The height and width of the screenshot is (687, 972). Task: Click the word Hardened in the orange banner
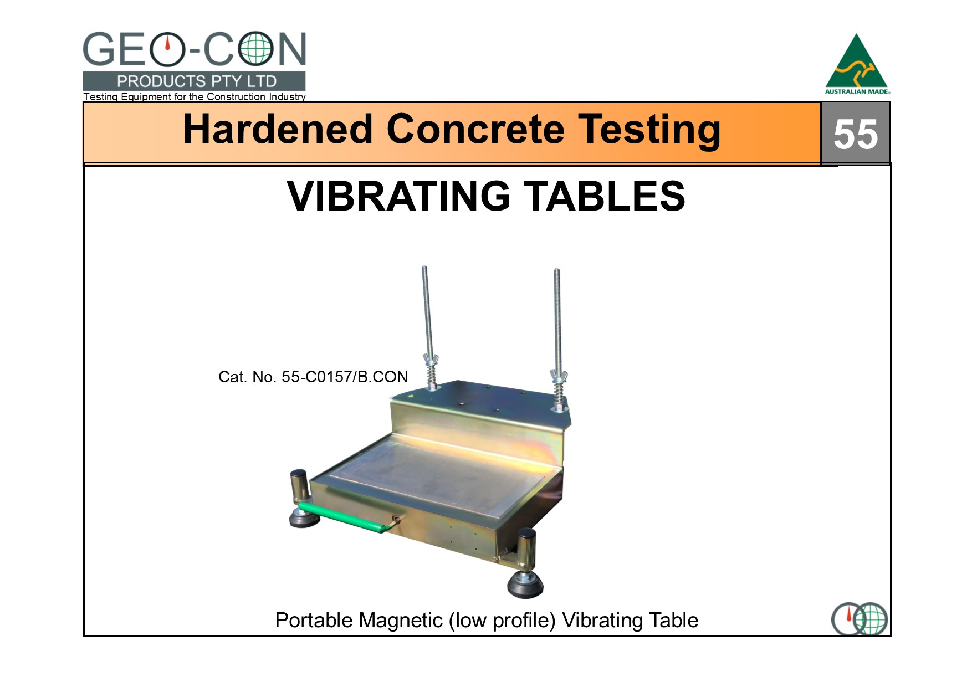pyautogui.click(x=278, y=129)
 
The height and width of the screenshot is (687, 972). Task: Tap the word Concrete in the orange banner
pyautogui.click(x=475, y=129)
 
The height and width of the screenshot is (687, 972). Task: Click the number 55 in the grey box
pyautogui.click(x=855, y=135)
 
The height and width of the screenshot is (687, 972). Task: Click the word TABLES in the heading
pyautogui.click(x=605, y=196)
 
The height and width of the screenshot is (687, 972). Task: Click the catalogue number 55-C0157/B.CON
pyautogui.click(x=345, y=377)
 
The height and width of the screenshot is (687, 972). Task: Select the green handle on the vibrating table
pyautogui.click(x=345, y=517)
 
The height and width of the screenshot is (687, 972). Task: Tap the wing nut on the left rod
pyautogui.click(x=429, y=360)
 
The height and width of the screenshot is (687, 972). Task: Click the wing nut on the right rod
pyautogui.click(x=559, y=376)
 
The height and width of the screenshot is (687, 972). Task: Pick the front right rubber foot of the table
pyautogui.click(x=525, y=571)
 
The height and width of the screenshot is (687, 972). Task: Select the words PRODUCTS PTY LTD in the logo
pyautogui.click(x=196, y=81)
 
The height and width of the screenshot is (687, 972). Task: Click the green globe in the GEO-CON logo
pyautogui.click(x=256, y=49)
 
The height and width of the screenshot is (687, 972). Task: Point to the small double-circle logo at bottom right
pyautogui.click(x=859, y=619)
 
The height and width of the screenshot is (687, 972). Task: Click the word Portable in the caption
pyautogui.click(x=314, y=621)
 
